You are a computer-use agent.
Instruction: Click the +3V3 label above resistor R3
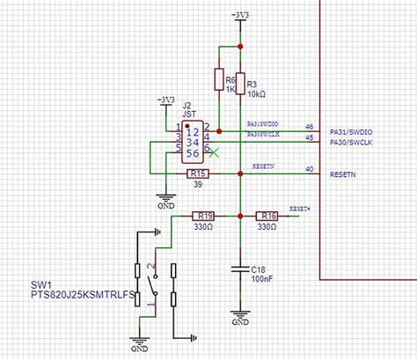click(239, 15)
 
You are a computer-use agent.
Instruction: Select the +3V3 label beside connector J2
click(165, 99)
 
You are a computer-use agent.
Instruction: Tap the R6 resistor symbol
click(218, 80)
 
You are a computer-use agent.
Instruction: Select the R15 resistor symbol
click(199, 173)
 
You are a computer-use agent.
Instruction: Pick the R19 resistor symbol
click(204, 215)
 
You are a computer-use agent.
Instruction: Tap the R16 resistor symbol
click(268, 215)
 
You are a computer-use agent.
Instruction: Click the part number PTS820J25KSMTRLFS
click(77, 297)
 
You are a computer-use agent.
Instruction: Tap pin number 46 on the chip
click(309, 127)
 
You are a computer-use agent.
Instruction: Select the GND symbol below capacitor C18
click(239, 314)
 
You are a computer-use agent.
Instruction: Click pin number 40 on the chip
click(309, 169)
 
